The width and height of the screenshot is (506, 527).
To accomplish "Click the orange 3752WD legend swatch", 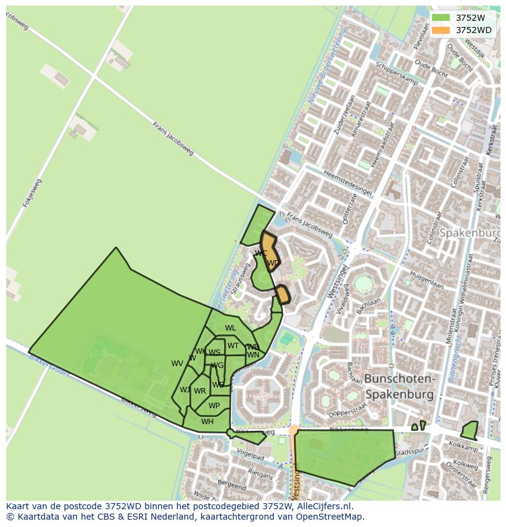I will point(441,30).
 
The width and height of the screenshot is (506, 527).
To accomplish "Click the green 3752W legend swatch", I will point(441,18).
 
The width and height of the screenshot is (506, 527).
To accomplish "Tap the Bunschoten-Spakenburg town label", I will point(400,387).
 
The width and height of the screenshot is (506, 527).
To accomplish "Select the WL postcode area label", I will point(230,328).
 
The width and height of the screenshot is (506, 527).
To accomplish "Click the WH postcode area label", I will point(208,421).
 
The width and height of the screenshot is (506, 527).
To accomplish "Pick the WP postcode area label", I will point(214,406).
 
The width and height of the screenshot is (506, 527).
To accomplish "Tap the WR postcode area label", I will point(200,391).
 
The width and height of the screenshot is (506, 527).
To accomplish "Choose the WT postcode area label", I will point(233,346).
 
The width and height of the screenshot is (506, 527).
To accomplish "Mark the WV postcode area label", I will point(177,364).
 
